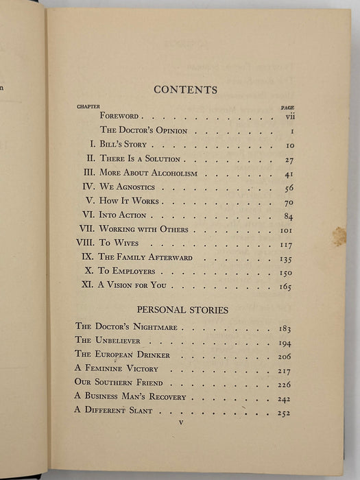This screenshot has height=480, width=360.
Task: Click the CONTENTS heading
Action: (x=185, y=90)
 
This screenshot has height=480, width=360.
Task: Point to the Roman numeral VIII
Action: (x=85, y=243)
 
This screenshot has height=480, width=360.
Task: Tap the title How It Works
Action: (x=130, y=201)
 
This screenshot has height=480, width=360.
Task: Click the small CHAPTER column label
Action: (x=87, y=107)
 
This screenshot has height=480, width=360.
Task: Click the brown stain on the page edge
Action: (x=339, y=237)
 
